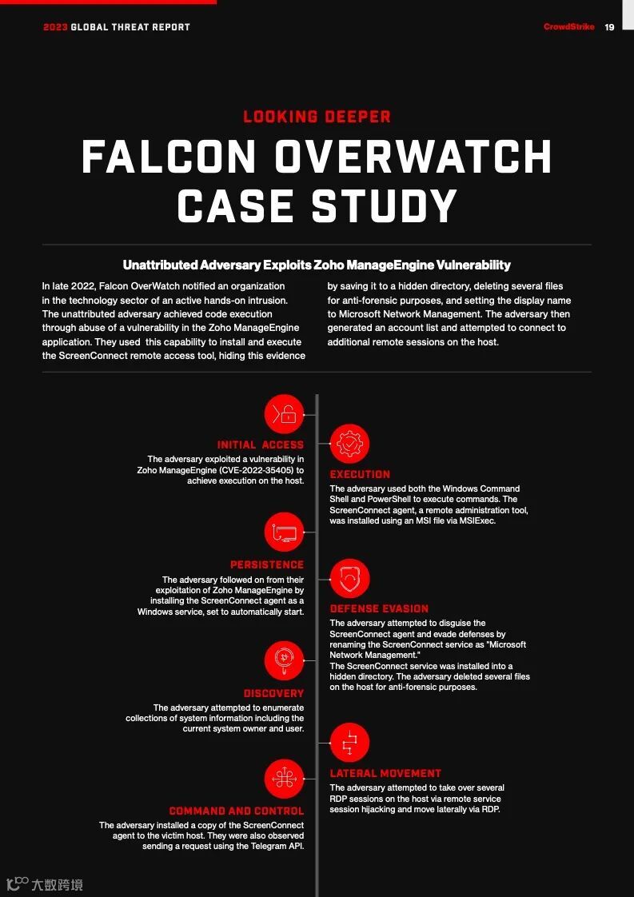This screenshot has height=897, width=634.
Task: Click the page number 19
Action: coord(609,27)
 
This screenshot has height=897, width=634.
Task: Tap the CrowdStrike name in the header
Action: coord(568,27)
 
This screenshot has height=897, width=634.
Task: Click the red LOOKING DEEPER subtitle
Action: coord(317,117)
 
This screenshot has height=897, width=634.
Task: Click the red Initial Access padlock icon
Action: coord(285,414)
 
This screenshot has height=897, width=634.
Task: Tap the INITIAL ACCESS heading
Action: coord(261,445)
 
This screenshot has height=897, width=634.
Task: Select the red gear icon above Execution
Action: coord(349,444)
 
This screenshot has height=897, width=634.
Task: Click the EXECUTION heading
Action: coord(360,474)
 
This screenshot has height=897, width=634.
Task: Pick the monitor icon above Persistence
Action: coord(285,533)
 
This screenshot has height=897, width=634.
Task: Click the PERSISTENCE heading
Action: coord(267,564)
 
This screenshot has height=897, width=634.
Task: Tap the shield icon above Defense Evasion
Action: coord(349,578)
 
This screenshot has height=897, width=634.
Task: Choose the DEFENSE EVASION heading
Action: coord(379,608)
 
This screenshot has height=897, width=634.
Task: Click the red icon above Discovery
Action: coord(285,661)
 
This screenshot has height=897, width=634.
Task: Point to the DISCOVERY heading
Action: coord(273,693)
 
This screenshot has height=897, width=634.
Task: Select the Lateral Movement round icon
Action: coord(349,743)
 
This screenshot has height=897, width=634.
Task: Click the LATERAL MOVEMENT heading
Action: coord(385,773)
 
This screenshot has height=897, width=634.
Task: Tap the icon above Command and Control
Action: coord(285,779)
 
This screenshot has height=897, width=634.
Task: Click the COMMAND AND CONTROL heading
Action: coord(237,811)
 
